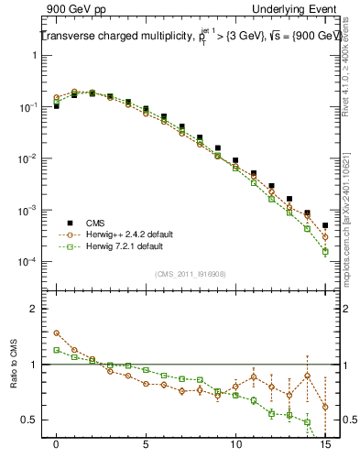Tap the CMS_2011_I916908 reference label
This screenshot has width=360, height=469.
(x=190, y=273)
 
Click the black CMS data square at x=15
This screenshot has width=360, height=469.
(x=325, y=225)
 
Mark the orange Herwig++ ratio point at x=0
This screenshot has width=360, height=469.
(x=57, y=333)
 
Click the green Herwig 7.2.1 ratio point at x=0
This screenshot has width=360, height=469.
(x=57, y=350)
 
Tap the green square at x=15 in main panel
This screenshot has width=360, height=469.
(x=325, y=251)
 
